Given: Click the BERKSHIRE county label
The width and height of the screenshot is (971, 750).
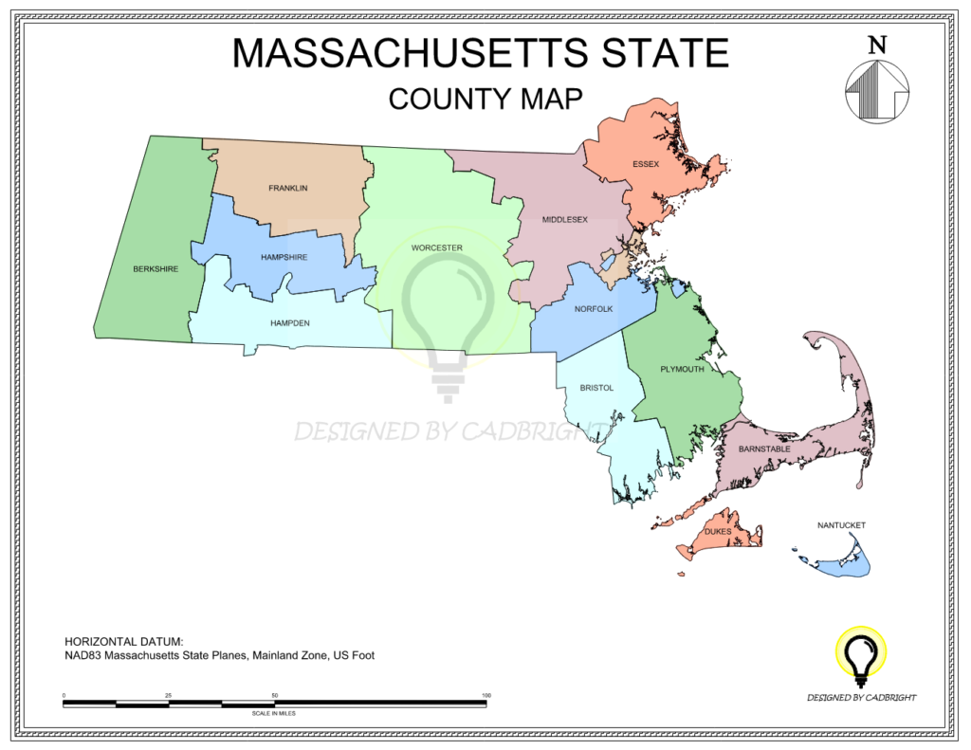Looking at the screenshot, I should pyautogui.click(x=156, y=268).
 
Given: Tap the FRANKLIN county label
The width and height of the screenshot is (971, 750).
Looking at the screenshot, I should pyautogui.click(x=287, y=188).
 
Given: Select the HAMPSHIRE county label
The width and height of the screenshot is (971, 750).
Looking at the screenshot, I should pyautogui.click(x=284, y=257).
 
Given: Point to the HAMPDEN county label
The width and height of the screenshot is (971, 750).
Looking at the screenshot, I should pyautogui.click(x=290, y=322).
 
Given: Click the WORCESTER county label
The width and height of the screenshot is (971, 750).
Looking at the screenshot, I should pyautogui.click(x=436, y=248).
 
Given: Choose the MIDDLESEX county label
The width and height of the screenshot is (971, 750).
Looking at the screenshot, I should pyautogui.click(x=564, y=220).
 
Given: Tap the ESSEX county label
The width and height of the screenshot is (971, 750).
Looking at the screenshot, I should pyautogui.click(x=646, y=164).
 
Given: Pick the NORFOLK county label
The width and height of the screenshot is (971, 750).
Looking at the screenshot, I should pyautogui.click(x=594, y=309).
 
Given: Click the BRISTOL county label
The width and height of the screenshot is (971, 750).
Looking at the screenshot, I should pyautogui.click(x=597, y=388).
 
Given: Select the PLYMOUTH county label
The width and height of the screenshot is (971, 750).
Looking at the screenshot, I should pyautogui.click(x=682, y=369).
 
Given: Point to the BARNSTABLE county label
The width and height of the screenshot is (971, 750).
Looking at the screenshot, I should pyautogui.click(x=764, y=448).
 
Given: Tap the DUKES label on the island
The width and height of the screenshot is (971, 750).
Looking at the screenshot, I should pyautogui.click(x=718, y=532).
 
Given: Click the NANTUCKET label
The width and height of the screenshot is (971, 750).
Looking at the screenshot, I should pyautogui.click(x=842, y=524).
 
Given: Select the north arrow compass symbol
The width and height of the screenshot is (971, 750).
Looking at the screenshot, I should pyautogui.click(x=877, y=92).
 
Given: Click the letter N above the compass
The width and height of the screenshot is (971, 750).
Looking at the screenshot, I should pyautogui.click(x=878, y=44).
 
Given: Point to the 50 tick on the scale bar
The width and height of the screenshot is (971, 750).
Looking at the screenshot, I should pyautogui.click(x=275, y=696).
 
